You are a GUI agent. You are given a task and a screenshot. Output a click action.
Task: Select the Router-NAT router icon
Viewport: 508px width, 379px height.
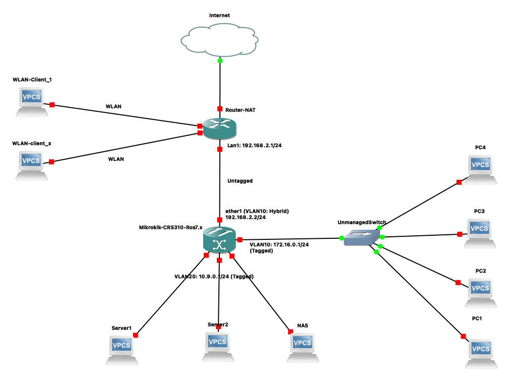(x=219, y=130)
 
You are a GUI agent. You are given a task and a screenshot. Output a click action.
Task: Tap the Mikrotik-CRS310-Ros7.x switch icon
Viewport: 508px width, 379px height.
(x=219, y=239)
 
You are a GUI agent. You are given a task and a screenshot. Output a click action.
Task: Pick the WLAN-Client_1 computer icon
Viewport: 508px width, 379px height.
(x=31, y=101)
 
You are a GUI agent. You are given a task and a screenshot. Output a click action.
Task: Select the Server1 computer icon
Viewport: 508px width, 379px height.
(x=122, y=349)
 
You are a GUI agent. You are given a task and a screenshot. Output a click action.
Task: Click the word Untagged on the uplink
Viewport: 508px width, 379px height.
(x=240, y=181)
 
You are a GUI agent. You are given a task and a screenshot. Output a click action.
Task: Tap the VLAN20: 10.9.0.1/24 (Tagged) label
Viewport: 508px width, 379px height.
(x=214, y=276)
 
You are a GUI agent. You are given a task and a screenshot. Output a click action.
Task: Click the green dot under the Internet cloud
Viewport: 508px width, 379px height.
(x=220, y=61)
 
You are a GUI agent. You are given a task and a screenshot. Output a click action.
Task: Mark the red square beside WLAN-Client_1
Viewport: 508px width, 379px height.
(x=52, y=105)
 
